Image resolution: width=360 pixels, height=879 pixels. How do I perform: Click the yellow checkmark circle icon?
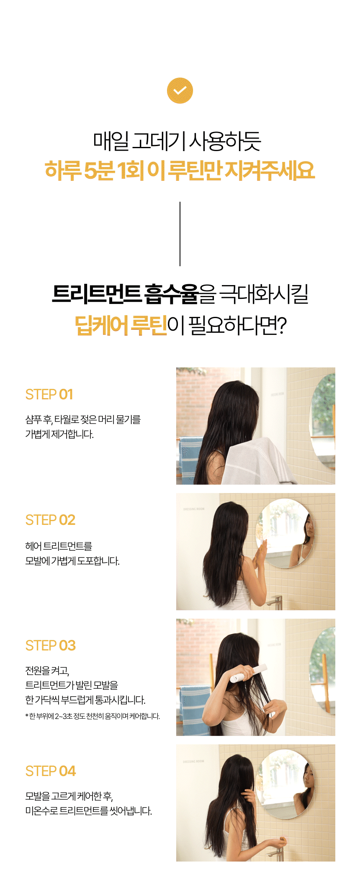(180, 90)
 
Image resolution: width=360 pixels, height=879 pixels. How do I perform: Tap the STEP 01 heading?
(49, 394)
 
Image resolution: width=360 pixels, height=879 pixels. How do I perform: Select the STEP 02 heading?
(50, 520)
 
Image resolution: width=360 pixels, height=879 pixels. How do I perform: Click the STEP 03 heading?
(51, 645)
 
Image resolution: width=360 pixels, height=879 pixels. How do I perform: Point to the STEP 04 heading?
(51, 771)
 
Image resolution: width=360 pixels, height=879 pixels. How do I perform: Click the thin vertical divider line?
(180, 234)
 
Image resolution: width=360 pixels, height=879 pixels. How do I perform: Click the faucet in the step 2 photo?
(274, 602)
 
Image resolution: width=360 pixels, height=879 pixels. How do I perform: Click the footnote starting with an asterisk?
(93, 716)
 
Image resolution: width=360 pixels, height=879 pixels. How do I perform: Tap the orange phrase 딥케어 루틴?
(121, 326)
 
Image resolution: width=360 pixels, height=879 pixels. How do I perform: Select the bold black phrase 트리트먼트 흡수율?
(125, 294)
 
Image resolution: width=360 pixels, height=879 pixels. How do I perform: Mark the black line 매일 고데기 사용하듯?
(177, 141)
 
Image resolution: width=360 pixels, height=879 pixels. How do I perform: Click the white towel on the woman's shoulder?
(255, 460)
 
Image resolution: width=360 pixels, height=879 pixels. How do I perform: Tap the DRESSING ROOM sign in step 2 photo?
(194, 509)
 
